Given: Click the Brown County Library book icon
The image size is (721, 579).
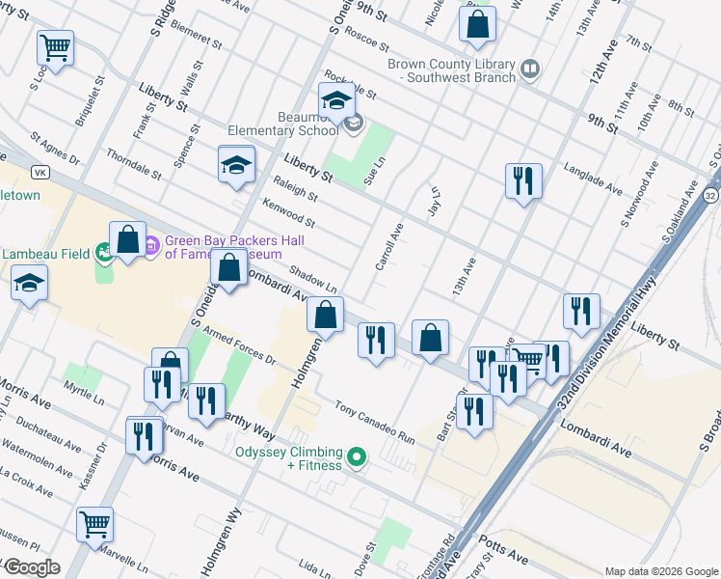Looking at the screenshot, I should click(529, 69).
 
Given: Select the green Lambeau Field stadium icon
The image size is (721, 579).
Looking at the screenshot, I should click(104, 253).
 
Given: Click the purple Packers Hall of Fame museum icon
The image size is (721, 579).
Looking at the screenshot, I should click(151, 248).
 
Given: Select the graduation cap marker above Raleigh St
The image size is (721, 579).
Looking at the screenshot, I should click(236, 165).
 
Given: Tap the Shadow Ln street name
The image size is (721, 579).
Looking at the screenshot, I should click(317, 280).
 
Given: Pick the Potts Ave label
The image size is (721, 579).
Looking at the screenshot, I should click(505, 558).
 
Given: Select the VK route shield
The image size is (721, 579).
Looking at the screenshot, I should click(40, 172).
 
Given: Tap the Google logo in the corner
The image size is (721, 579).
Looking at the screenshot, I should click(31, 567).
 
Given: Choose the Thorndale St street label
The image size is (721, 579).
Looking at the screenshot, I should click(133, 163).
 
